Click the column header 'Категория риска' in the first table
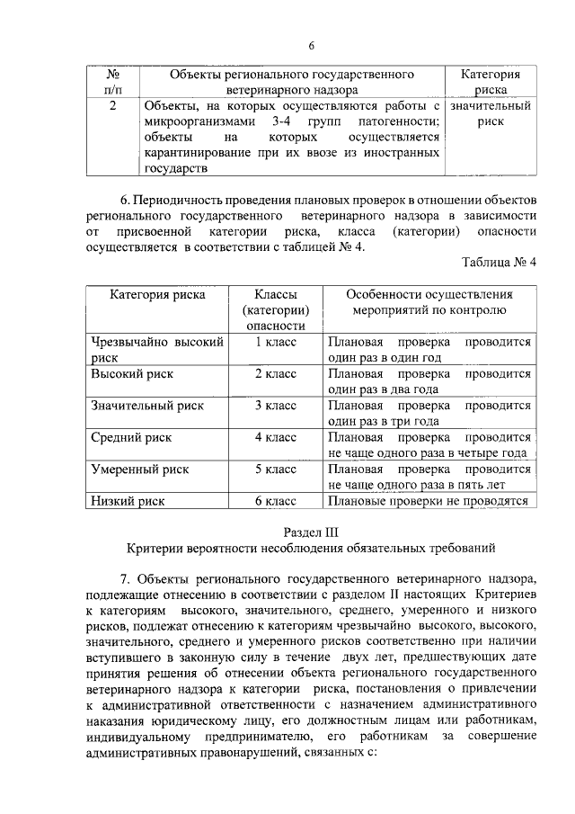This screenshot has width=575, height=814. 491,82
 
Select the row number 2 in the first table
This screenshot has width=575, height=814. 111,107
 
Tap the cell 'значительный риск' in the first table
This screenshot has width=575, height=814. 491,114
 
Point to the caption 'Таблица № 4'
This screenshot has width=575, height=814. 499,263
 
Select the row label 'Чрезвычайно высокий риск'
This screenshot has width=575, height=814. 156,349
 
